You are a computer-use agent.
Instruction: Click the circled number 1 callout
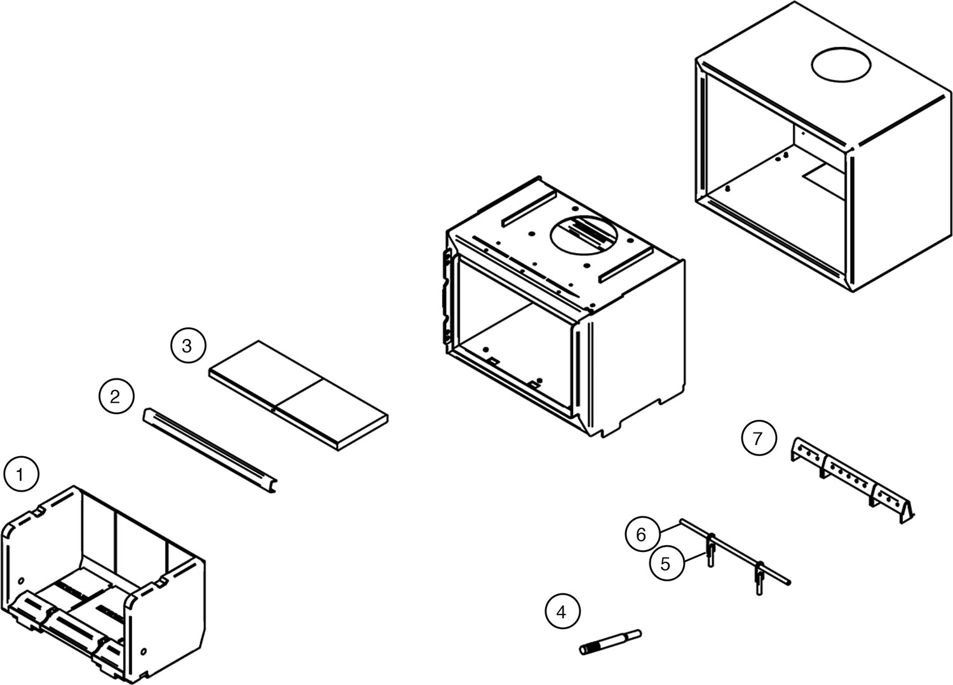(x=22, y=474)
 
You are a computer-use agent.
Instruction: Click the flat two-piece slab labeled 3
(x=299, y=394)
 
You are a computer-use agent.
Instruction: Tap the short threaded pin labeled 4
(x=610, y=641)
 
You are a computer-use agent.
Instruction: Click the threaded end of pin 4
(x=588, y=649)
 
